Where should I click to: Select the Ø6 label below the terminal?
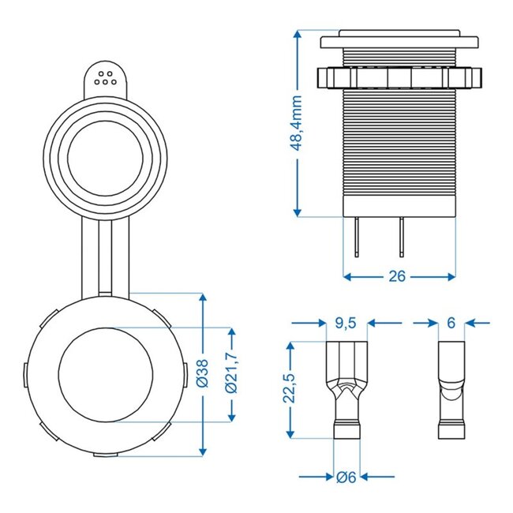[x=347, y=476]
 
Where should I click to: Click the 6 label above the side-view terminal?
[x=451, y=322]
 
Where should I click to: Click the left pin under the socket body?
[x=358, y=236]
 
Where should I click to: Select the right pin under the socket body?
[x=403, y=236]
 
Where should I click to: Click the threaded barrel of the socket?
[x=400, y=150]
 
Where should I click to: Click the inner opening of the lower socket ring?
[x=106, y=374]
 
